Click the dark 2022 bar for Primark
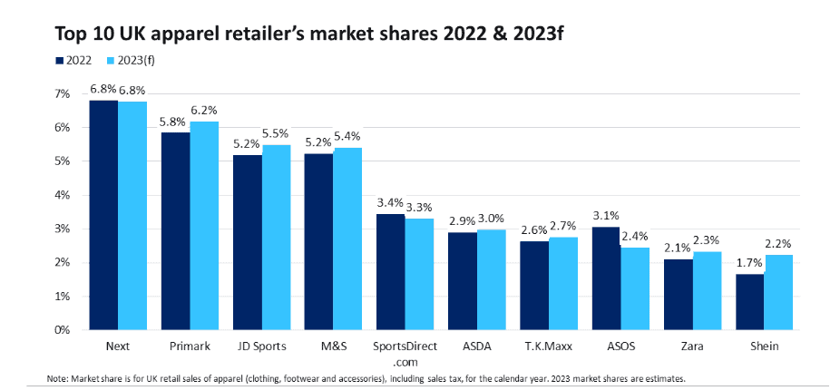point(175,231)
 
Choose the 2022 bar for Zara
point(679,294)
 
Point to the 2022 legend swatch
point(59,61)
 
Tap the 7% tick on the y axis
point(62,93)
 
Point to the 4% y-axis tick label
point(62,195)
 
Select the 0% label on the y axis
point(62,330)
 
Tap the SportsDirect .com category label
point(405,353)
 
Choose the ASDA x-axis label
point(477,346)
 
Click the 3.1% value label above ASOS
point(605,216)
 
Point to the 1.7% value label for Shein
point(748,263)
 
